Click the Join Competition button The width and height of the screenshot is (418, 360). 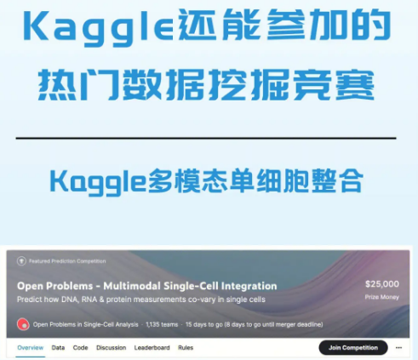click(353, 347)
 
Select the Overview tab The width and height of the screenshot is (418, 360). click(30, 347)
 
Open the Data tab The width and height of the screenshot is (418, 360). click(58, 347)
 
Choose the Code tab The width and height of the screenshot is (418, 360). click(80, 347)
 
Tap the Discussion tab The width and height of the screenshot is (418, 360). click(111, 347)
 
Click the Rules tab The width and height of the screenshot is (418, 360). click(186, 347)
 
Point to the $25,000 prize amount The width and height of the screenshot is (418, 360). click(382, 284)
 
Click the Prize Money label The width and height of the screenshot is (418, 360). click(382, 299)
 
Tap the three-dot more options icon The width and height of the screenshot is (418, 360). click(400, 347)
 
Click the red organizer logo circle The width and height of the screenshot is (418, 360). click(22, 324)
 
